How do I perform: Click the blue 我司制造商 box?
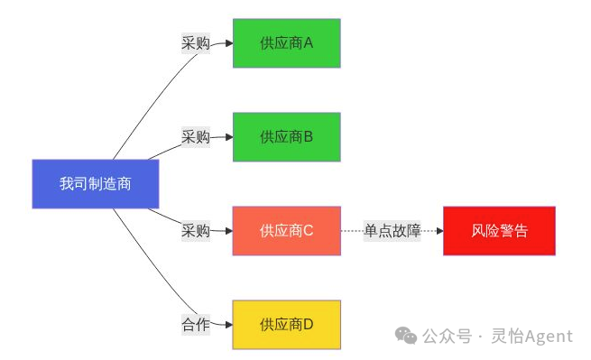pos(96,184)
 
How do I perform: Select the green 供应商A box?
pos(286,42)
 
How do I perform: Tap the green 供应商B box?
pos(286,137)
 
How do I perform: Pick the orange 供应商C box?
pos(286,231)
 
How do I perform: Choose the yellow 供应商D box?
pos(286,325)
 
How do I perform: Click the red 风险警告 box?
pos(499,231)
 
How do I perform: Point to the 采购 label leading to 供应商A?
pos(196,42)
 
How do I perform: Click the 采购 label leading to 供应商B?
pos(196,137)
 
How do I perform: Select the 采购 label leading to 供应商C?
pos(196,231)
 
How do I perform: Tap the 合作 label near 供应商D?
pos(196,325)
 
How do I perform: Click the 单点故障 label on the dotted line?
pos(392,231)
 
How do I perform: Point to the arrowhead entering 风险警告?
pos(439,231)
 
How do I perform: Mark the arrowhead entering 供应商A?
pos(228,42)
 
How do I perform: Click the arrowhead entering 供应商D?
pos(228,325)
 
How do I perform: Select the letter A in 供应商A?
pos(308,42)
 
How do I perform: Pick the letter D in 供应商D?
pos(308,325)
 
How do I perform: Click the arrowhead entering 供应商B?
pos(228,137)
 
